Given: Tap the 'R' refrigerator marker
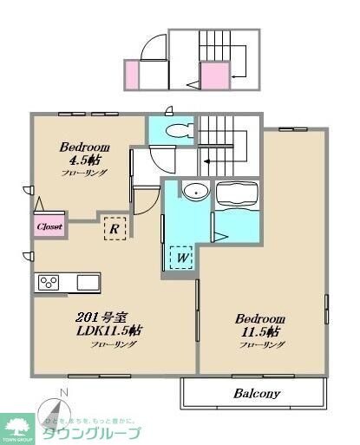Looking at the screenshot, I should click(113, 229).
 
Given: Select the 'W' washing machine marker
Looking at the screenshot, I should click(181, 258).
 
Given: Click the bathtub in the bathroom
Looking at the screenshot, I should click(237, 196).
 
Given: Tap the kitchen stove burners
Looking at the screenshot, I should click(48, 282).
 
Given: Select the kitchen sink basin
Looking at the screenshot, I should click(87, 282).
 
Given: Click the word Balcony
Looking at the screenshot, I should click(255, 393).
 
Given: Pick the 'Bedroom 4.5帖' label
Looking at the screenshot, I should click(83, 154).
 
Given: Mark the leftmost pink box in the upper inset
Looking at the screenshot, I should click(132, 75).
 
